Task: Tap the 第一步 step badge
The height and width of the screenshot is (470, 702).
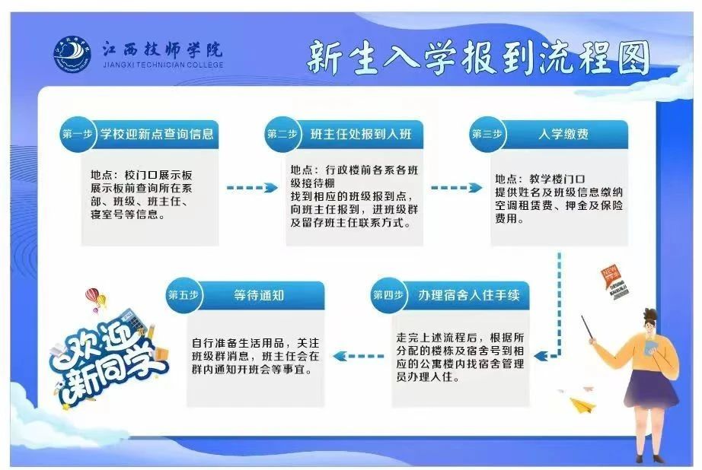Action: [77, 135]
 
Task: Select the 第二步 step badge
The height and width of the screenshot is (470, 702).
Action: [282, 135]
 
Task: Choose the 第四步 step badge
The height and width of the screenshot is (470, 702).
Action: [388, 295]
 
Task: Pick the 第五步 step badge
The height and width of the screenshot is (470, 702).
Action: [183, 295]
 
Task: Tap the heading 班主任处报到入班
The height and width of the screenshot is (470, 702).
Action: [361, 135]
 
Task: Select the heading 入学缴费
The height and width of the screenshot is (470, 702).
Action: [563, 135]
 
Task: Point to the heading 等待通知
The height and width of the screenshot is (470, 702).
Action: [260, 295]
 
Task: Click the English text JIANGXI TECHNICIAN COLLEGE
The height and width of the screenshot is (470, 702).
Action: [162, 65]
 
